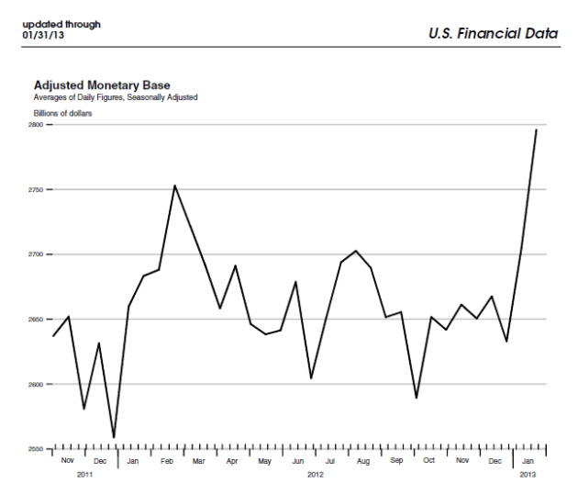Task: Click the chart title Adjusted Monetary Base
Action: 102,84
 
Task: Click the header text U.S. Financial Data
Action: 493,33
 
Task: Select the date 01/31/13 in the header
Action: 42,35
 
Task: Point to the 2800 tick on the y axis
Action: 36,124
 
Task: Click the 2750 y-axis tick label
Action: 36,189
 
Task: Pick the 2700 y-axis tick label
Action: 36,254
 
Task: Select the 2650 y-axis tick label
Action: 36,319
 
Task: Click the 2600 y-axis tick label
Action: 36,384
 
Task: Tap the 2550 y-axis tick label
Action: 36,449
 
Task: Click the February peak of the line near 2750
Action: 174,186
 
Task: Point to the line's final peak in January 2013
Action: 537,129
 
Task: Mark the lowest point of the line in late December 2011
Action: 114,438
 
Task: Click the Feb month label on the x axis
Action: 167,461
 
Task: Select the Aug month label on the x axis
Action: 363,461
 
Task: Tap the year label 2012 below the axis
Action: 315,475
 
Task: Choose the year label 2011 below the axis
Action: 84,475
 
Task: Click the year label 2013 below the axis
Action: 528,475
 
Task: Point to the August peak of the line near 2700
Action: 356,251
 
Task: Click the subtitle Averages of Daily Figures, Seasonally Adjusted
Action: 116,96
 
